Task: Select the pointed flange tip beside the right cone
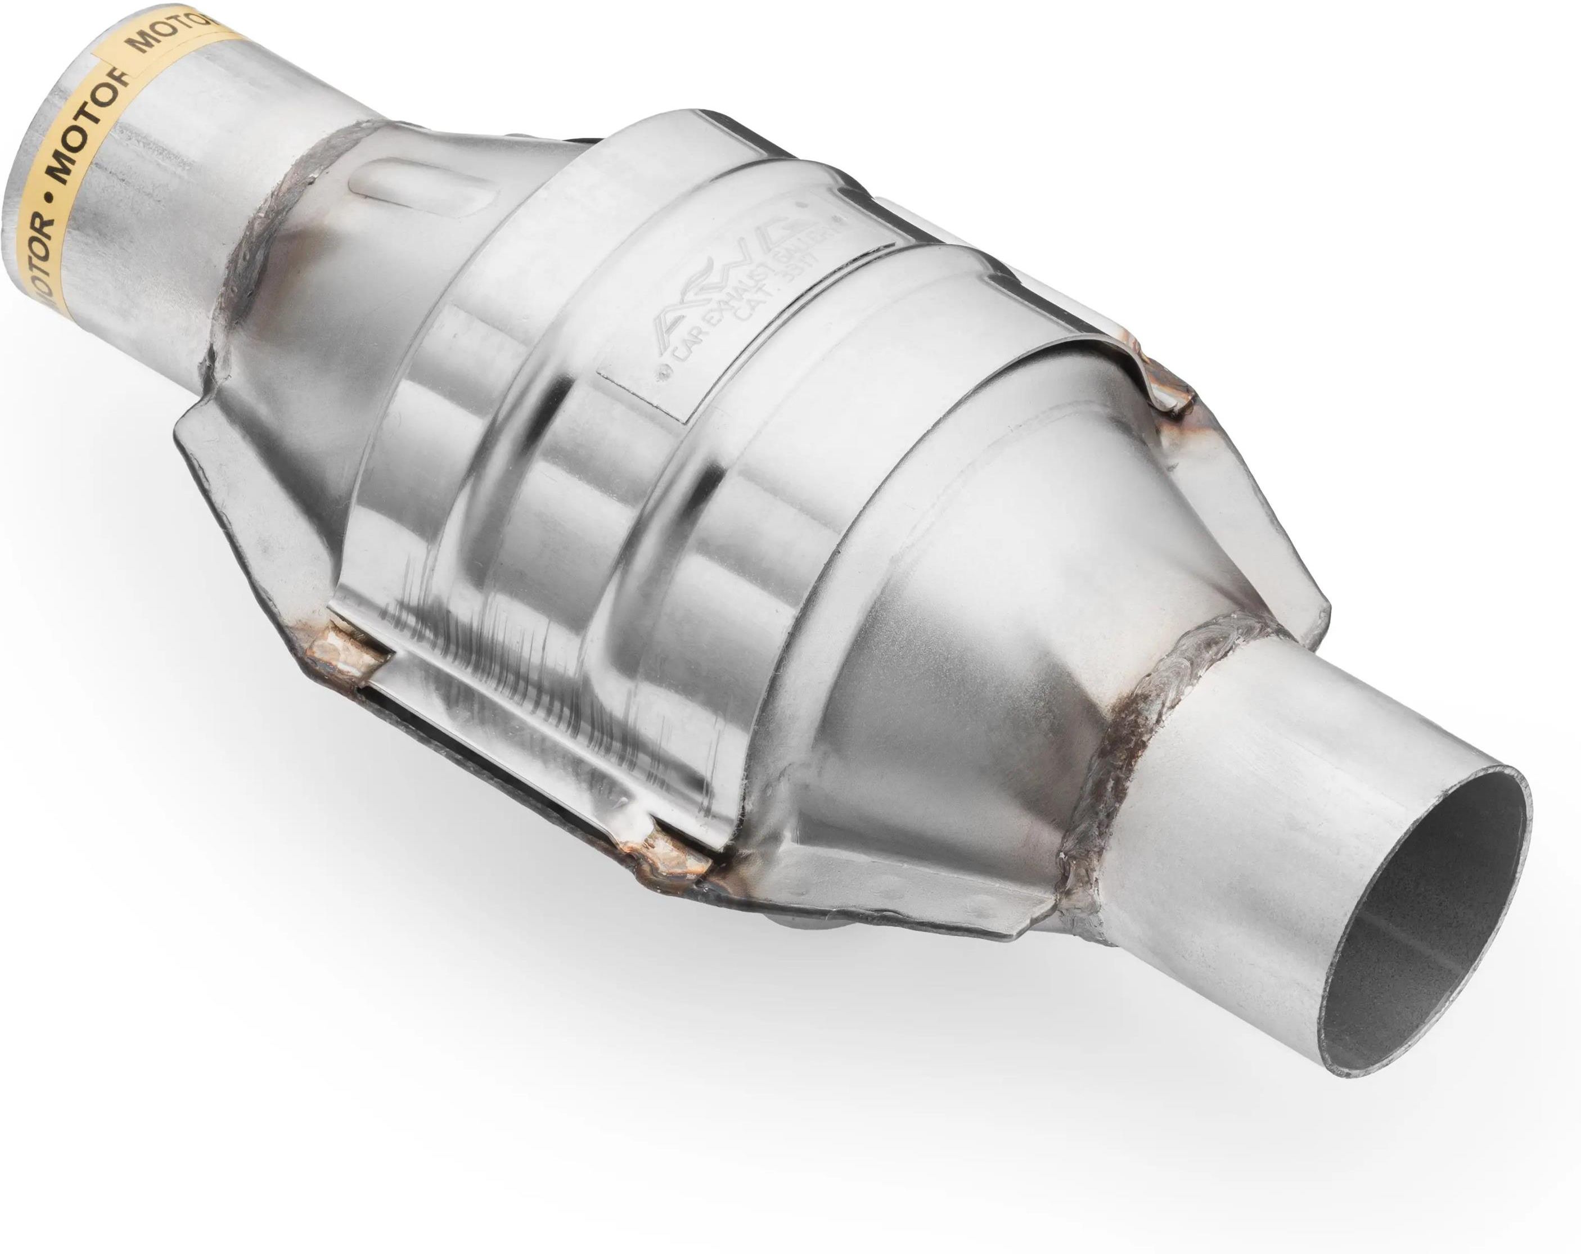[1320, 623]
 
